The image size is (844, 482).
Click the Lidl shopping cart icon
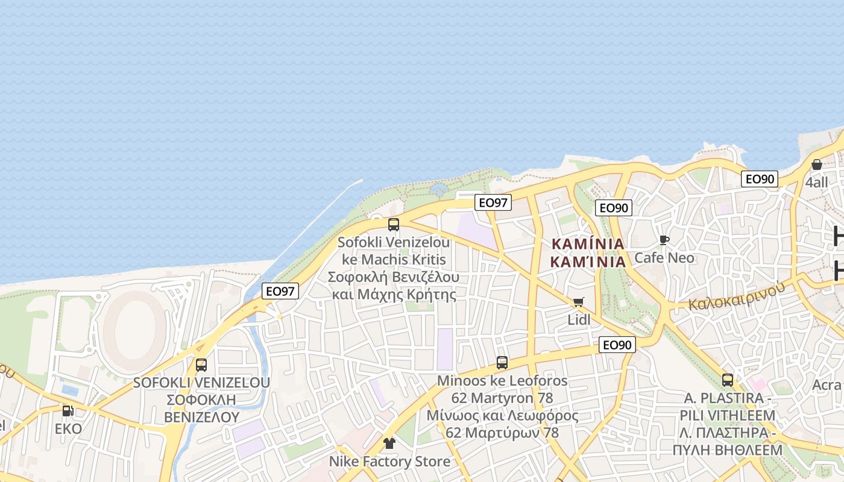pyautogui.click(x=579, y=302)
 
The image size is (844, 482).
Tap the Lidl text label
pyautogui.click(x=579, y=320)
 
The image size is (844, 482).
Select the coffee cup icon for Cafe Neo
pyautogui.click(x=664, y=240)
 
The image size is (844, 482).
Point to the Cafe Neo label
pyautogui.click(x=664, y=258)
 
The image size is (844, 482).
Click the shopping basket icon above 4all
pyautogui.click(x=817, y=164)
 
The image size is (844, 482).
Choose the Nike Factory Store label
pyautogui.click(x=389, y=462)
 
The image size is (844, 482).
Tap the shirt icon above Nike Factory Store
pyautogui.click(x=389, y=443)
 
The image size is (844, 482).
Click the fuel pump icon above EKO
pyautogui.click(x=68, y=411)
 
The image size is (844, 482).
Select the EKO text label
pyautogui.click(x=68, y=429)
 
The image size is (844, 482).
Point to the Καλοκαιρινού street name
pyautogui.click(x=737, y=296)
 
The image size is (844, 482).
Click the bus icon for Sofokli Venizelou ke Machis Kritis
pyautogui.click(x=394, y=225)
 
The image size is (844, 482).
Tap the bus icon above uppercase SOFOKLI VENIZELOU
pyautogui.click(x=201, y=365)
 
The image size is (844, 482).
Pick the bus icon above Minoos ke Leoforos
pyautogui.click(x=502, y=363)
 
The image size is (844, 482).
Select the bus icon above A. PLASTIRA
pyautogui.click(x=728, y=380)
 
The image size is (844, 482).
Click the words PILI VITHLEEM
pyautogui.click(x=728, y=416)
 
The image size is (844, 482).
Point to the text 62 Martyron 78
pyautogui.click(x=502, y=398)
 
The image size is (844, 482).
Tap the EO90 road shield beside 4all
pyautogui.click(x=760, y=179)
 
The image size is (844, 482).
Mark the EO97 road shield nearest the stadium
pyautogui.click(x=281, y=291)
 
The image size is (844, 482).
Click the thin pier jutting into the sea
pyautogui.click(x=320, y=217)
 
